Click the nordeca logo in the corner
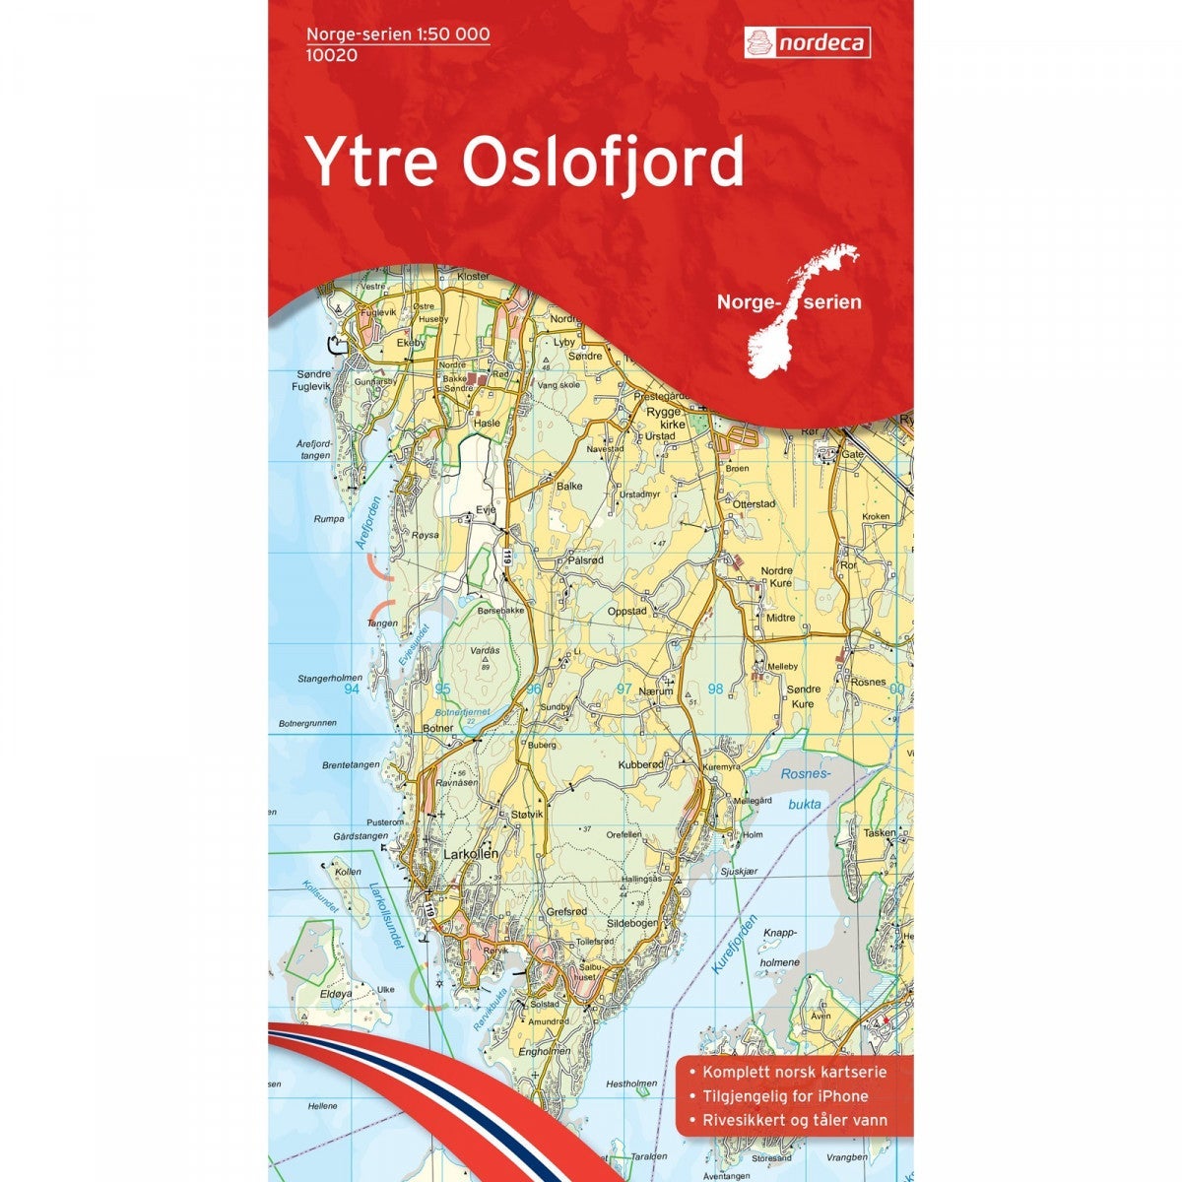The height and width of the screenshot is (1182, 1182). (806, 42)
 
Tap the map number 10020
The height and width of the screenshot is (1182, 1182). (331, 55)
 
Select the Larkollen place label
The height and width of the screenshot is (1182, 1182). (472, 854)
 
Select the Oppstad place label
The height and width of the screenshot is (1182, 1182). (627, 611)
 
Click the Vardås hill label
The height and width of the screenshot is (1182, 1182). (486, 651)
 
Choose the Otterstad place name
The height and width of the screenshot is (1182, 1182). (755, 503)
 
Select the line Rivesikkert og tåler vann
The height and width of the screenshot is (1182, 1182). (794, 1120)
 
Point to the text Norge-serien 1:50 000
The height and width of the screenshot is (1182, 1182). (398, 34)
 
